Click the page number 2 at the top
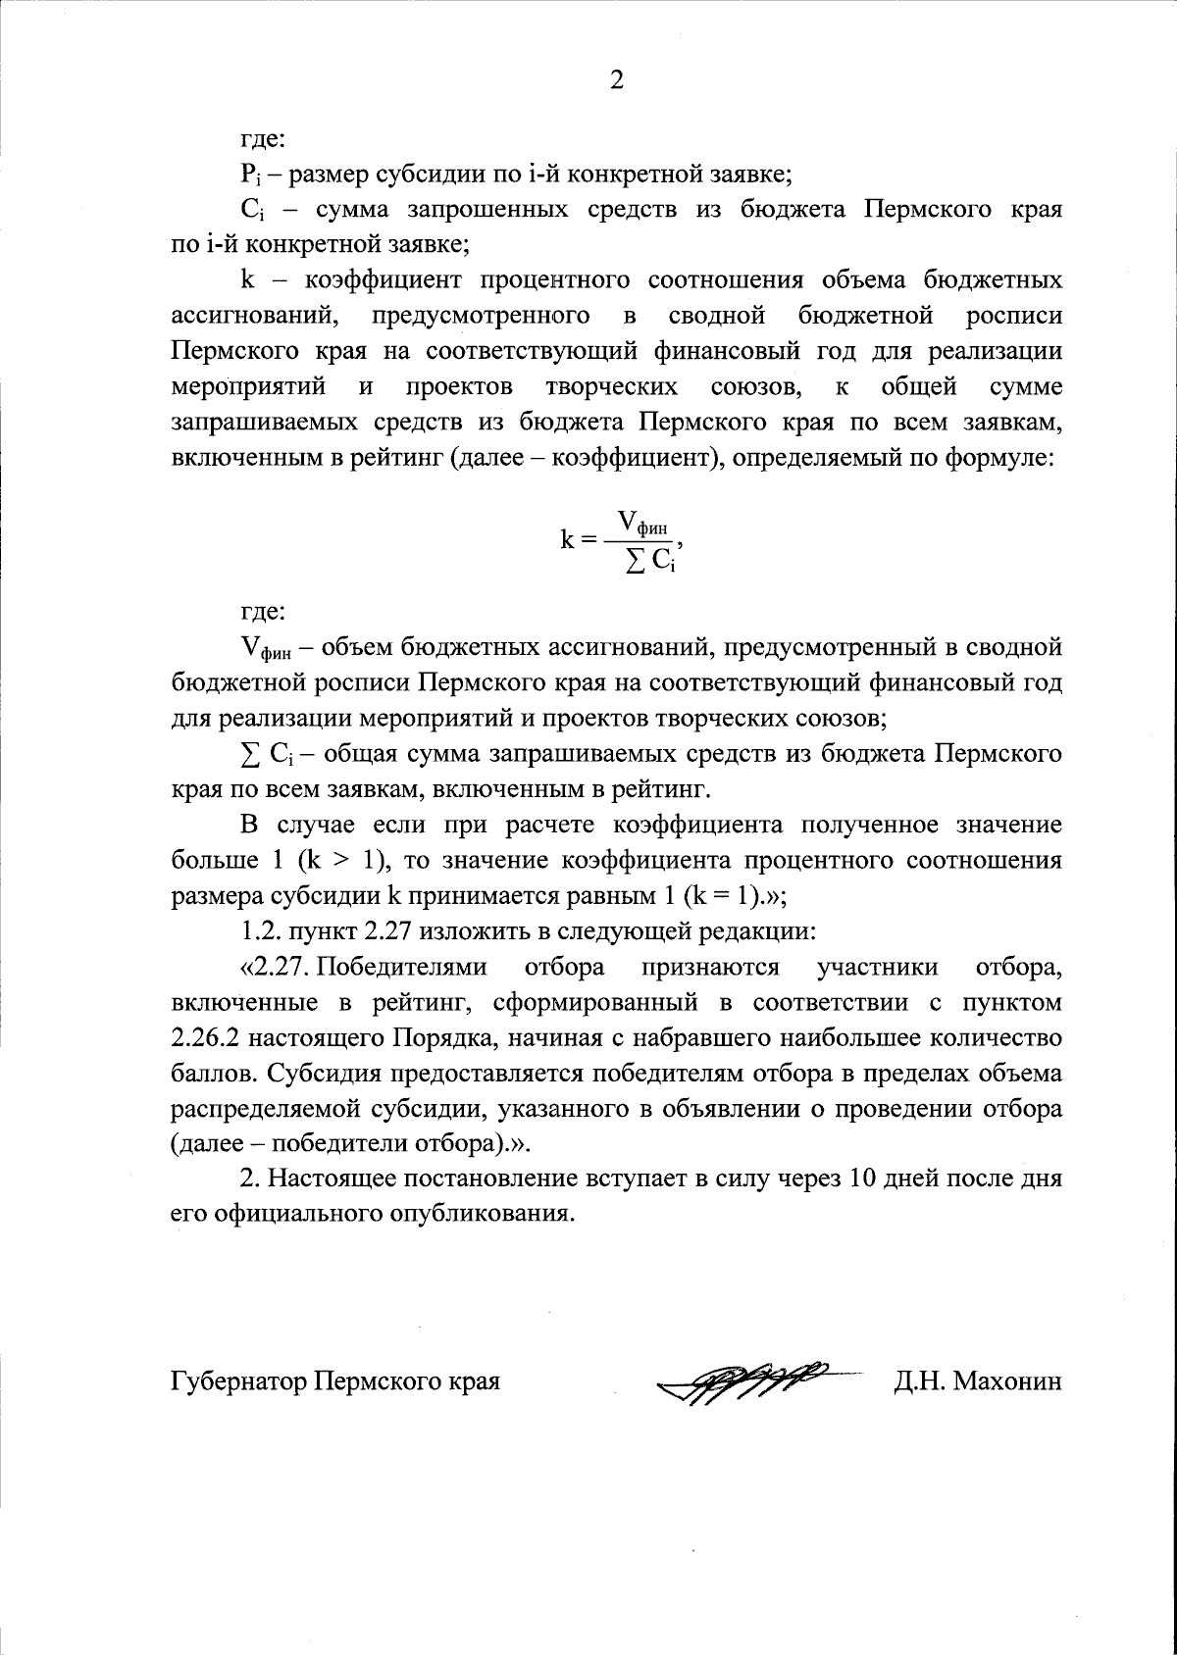click(617, 79)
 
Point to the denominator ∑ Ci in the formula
click(646, 562)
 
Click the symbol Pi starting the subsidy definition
click(248, 176)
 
